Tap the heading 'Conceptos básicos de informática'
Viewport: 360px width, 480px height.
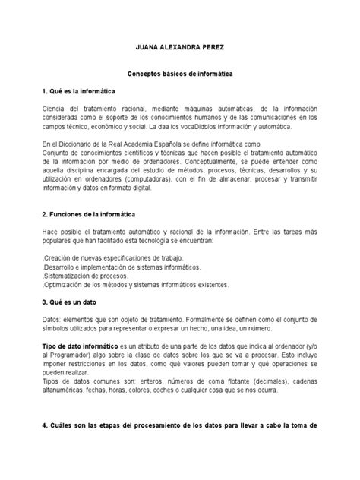point(179,77)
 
